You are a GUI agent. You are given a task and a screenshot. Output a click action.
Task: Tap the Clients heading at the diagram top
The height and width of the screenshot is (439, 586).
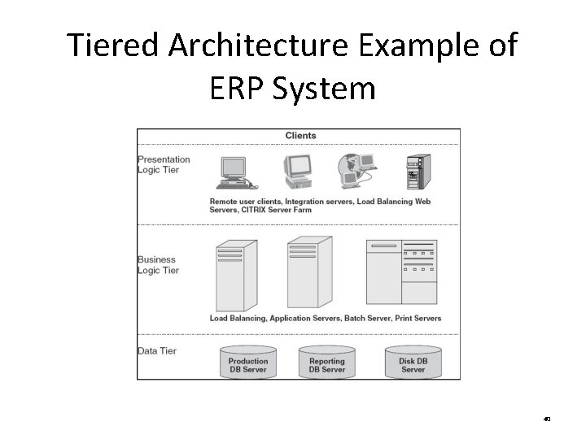coord(300,136)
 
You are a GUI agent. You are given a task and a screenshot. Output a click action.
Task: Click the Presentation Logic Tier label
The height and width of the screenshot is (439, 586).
coord(164,164)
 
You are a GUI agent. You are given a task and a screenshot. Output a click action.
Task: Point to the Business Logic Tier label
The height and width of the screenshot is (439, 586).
coord(158,265)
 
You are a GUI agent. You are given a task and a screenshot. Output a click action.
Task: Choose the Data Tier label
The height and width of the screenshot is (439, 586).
coord(157,350)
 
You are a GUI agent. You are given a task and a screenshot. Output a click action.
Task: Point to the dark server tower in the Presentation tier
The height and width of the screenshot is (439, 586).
coord(418,172)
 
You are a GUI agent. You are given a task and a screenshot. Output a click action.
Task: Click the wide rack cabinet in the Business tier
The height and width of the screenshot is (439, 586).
coord(401,272)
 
